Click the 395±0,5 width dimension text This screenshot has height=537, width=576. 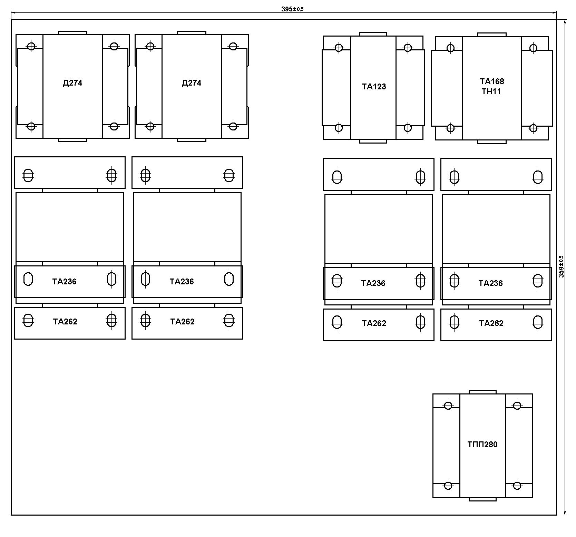pyautogui.click(x=292, y=9)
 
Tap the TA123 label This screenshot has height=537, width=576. pyautogui.click(x=374, y=87)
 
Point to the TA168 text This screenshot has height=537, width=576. pyautogui.click(x=492, y=81)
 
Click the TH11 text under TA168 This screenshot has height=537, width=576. pyautogui.click(x=491, y=91)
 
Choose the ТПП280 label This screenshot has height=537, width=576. pyautogui.click(x=482, y=445)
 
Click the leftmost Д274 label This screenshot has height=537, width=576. pyautogui.click(x=72, y=83)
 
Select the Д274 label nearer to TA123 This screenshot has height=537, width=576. pyautogui.click(x=192, y=83)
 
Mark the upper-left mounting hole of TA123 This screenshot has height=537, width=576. pyautogui.click(x=339, y=48)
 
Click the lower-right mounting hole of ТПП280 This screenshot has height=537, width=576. pyautogui.click(x=517, y=486)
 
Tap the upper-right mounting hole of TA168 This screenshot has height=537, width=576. pyautogui.click(x=533, y=48)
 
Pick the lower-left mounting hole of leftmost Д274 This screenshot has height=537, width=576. pyautogui.click(x=31, y=126)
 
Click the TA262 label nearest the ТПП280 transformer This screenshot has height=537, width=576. pyautogui.click(x=491, y=323)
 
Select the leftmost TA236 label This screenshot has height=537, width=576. pyautogui.click(x=65, y=282)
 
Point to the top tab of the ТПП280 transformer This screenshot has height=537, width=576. pyautogui.click(x=482, y=392)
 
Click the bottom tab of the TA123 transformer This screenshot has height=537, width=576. pyautogui.click(x=373, y=141)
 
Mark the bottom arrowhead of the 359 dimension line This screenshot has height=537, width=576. pyautogui.click(x=565, y=512)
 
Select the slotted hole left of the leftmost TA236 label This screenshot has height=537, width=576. pyautogui.click(x=28, y=279)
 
